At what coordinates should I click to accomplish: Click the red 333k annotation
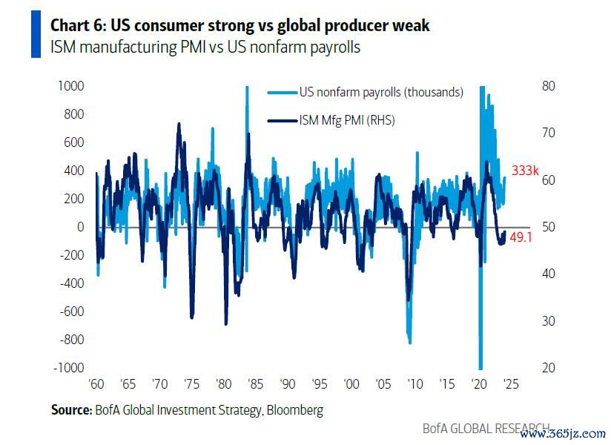pos(524,171)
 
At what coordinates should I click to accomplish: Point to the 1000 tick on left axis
pos(70,86)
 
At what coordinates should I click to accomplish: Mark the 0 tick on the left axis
pos(80,227)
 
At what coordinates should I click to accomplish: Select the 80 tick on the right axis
pos(549,86)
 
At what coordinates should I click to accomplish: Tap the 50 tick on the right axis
pos(549,227)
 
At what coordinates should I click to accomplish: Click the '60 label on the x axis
pos(96,386)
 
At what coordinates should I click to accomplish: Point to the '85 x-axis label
pos(255,386)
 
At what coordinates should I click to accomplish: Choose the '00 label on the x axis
pos(351,386)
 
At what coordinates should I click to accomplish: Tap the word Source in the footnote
pos(70,409)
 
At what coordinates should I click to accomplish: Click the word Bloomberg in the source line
pos(295,409)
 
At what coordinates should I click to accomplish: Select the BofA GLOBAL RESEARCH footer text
pos(486,429)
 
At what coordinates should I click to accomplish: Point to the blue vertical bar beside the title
pos(36,34)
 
